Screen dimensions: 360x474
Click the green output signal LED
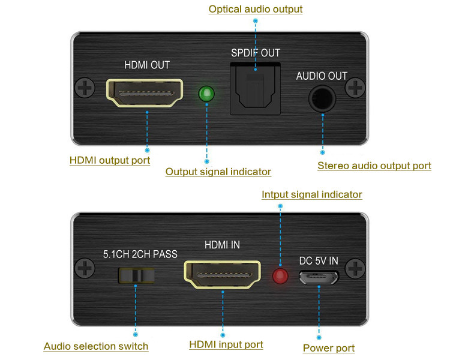[206, 94]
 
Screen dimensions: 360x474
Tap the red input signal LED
[280, 276]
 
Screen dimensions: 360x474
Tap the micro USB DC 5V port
[319, 277]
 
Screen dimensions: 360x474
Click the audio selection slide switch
[136, 275]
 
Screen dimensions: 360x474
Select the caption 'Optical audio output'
[256, 9]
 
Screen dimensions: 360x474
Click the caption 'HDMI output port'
[110, 160]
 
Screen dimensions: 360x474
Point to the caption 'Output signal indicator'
[218, 172]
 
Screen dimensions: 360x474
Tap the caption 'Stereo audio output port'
[374, 166]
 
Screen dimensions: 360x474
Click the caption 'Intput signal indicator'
[312, 194]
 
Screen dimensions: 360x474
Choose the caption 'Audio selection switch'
[96, 346]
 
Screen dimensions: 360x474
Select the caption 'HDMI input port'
[226, 344]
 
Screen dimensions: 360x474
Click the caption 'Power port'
[329, 348]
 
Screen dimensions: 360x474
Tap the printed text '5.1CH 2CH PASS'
[140, 254]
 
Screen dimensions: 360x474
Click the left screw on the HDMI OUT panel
[85, 90]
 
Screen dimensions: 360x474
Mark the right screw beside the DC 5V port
[356, 268]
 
